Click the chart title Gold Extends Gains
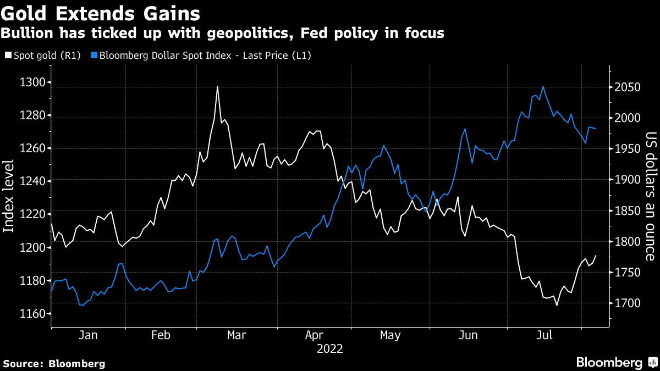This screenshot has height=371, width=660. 100,12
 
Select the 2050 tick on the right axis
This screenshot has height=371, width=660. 628,87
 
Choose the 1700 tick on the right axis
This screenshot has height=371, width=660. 628,303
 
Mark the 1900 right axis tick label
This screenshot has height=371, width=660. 628,180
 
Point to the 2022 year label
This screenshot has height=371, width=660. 330,349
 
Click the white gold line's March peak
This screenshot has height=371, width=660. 217,86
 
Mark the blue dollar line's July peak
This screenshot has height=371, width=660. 543,86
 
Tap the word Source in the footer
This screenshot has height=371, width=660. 23,363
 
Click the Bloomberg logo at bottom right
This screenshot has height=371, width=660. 616,363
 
